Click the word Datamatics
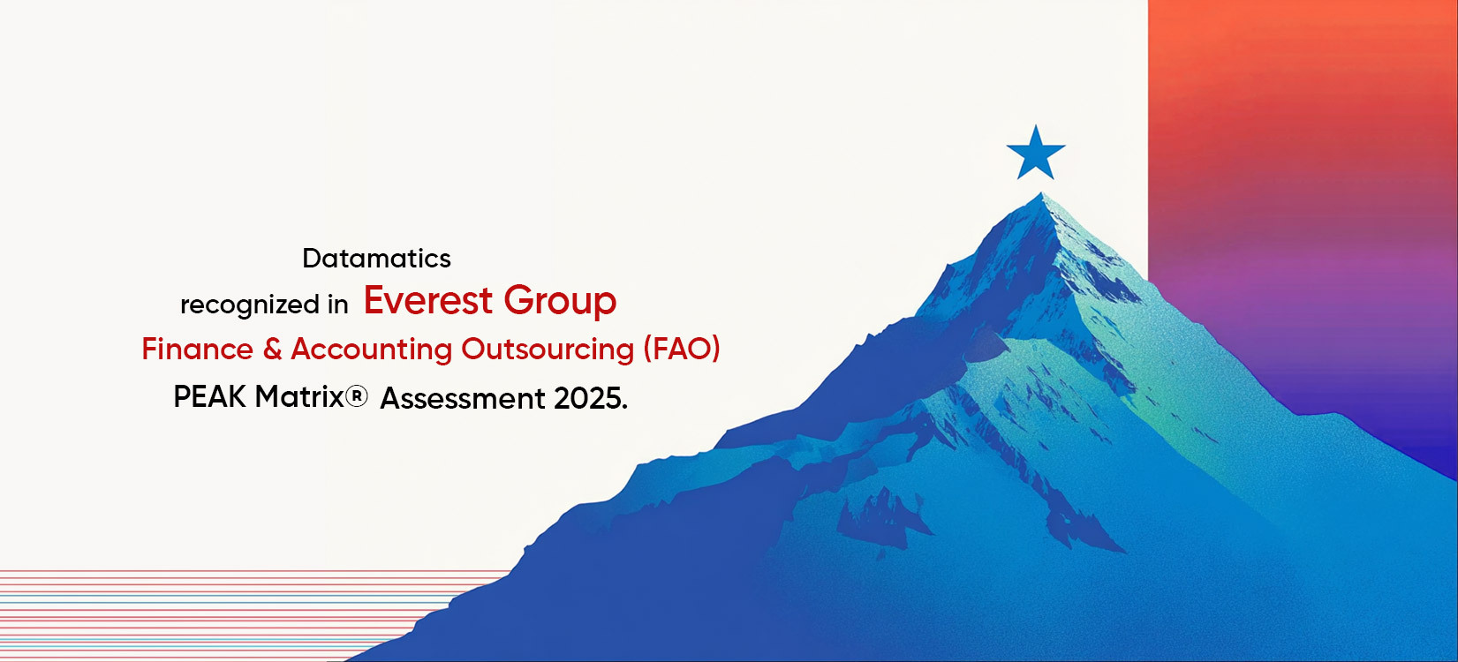point(376,259)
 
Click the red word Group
point(560,303)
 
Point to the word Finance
point(197,350)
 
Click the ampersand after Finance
point(272,350)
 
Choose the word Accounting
point(371,350)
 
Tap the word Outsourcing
point(548,350)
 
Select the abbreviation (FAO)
point(682,350)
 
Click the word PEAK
point(209,396)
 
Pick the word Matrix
point(299,396)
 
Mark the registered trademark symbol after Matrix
point(356,396)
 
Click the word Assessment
point(463,399)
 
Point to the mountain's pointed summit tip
point(1041,193)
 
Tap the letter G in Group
point(518,300)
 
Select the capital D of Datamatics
point(311,259)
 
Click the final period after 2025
point(625,407)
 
